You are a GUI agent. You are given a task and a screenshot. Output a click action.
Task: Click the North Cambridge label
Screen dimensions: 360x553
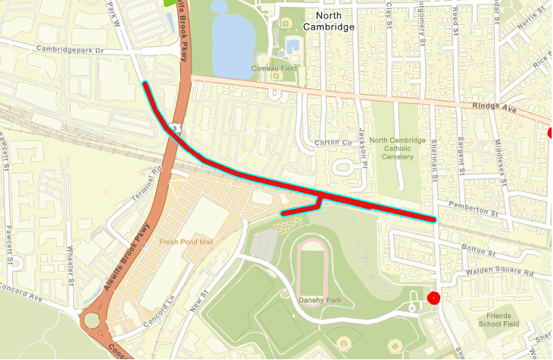click(x=328, y=20)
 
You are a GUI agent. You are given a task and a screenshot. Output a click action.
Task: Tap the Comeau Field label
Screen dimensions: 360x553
click(x=273, y=69)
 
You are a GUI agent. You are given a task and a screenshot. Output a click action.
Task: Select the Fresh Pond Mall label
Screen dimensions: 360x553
click(x=186, y=243)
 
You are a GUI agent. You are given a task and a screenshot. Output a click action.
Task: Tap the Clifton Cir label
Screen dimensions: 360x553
click(x=334, y=142)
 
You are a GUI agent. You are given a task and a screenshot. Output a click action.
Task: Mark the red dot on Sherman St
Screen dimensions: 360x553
click(x=433, y=298)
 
